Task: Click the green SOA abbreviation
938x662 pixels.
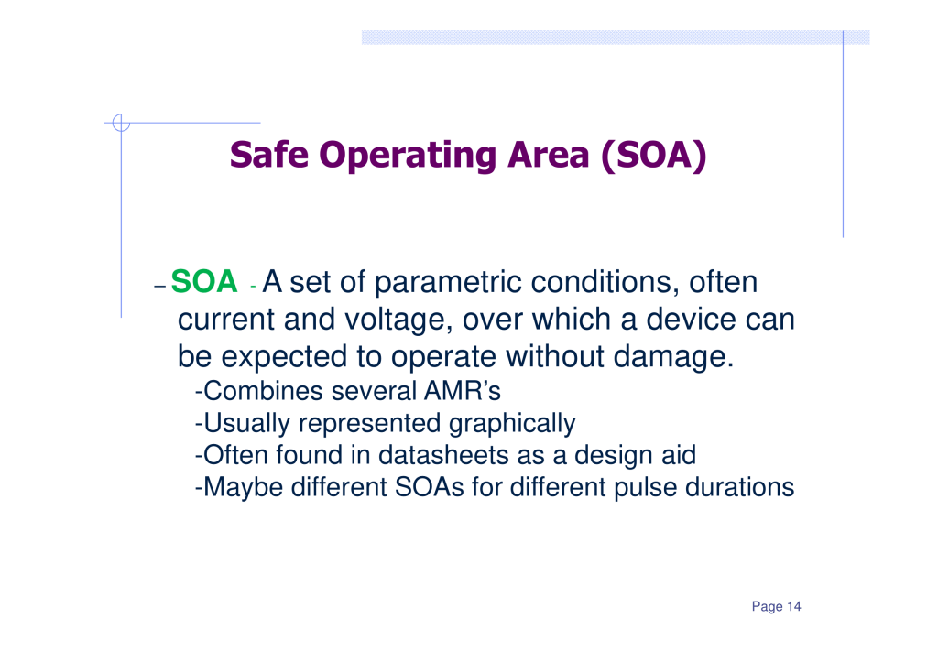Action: point(204,282)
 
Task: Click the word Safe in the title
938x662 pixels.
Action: point(269,155)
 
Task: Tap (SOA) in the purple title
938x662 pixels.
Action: point(653,156)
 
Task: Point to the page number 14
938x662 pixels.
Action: point(794,606)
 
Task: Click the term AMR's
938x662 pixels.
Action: point(463,391)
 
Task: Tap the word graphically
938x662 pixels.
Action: point(512,424)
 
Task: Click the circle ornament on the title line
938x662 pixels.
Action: point(121,123)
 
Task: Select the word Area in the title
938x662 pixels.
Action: point(549,155)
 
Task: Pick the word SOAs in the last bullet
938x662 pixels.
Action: point(429,487)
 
